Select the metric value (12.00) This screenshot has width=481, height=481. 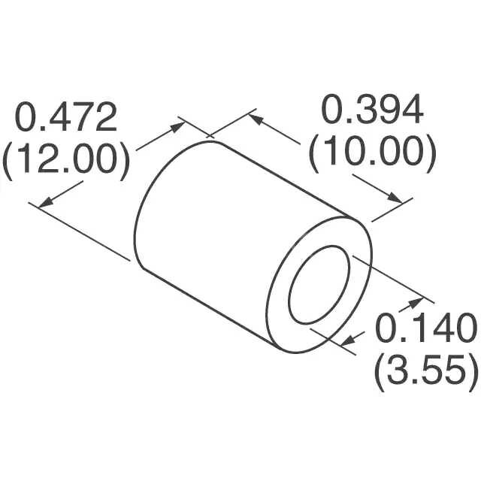[x=66, y=159]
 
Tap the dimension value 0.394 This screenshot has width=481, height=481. [x=372, y=111]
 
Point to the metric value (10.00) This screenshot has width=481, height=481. [x=372, y=153]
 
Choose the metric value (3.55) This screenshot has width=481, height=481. [x=425, y=370]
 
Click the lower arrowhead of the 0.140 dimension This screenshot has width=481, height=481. [x=347, y=343]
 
